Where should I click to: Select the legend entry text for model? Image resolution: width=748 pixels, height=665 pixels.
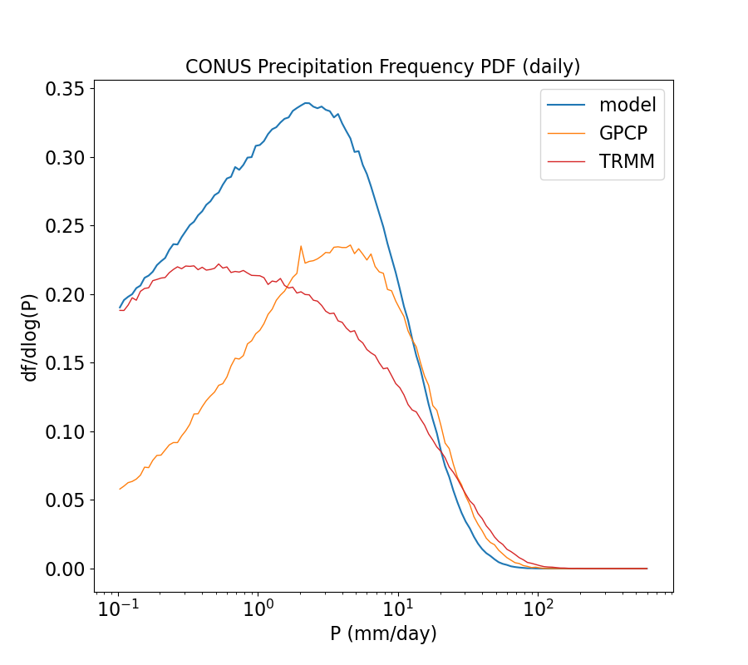[x=627, y=105]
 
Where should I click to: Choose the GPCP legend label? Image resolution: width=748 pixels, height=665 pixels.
[x=623, y=134]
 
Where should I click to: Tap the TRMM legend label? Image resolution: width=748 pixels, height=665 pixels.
[x=627, y=162]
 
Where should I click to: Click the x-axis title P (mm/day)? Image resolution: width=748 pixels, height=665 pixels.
[x=383, y=634]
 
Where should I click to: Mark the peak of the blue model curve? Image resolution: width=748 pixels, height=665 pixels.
[x=306, y=103]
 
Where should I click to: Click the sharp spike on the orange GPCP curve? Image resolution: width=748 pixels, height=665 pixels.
[x=301, y=246]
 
